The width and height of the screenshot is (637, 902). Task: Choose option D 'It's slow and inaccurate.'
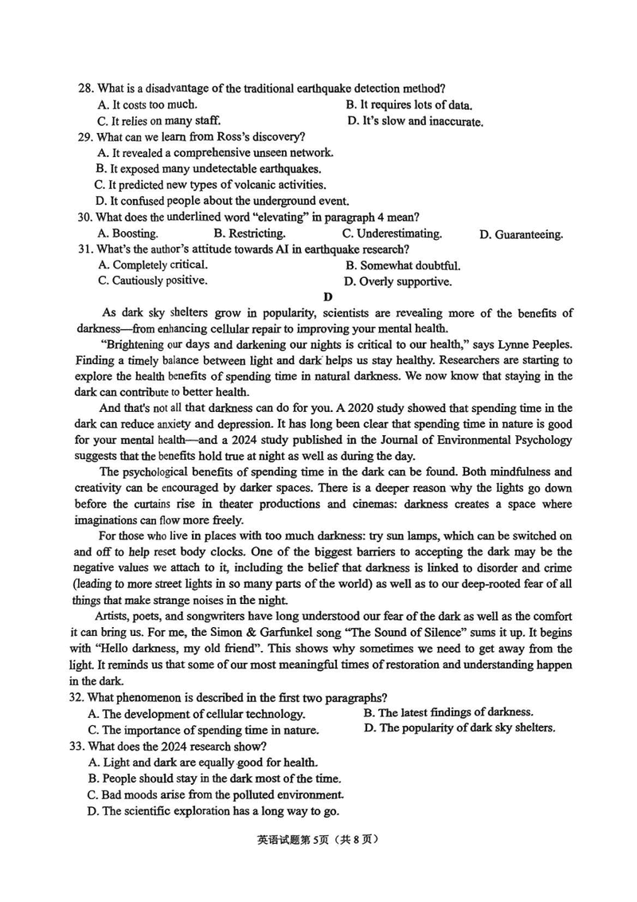click(416, 122)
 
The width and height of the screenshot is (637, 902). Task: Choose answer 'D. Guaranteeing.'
click(522, 234)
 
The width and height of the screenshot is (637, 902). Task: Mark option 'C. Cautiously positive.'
click(153, 280)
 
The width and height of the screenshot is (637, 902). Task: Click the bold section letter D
click(326, 297)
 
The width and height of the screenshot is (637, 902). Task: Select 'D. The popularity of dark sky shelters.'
click(459, 728)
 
